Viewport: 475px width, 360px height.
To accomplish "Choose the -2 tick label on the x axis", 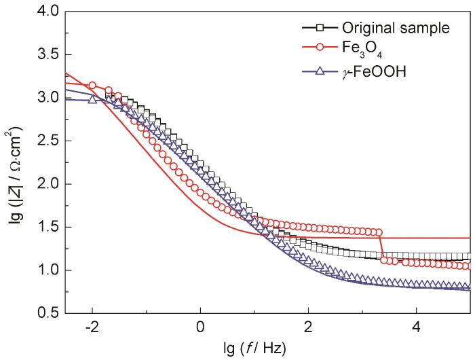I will [x=91, y=326].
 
